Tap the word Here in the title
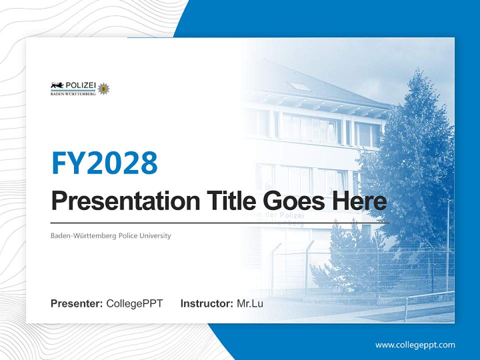(x=359, y=201)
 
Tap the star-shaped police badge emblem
(x=104, y=88)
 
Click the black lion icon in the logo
(x=56, y=85)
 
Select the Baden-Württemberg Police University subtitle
(x=110, y=235)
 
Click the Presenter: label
(x=77, y=303)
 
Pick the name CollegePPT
(x=134, y=303)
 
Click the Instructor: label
(x=206, y=303)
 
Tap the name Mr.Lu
(x=250, y=303)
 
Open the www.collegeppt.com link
(x=415, y=344)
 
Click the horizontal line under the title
(x=220, y=222)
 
